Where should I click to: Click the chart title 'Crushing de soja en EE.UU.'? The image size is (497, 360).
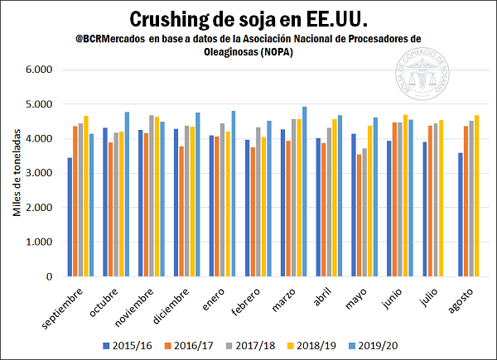[248, 18]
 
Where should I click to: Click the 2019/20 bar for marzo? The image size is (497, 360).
[304, 191]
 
